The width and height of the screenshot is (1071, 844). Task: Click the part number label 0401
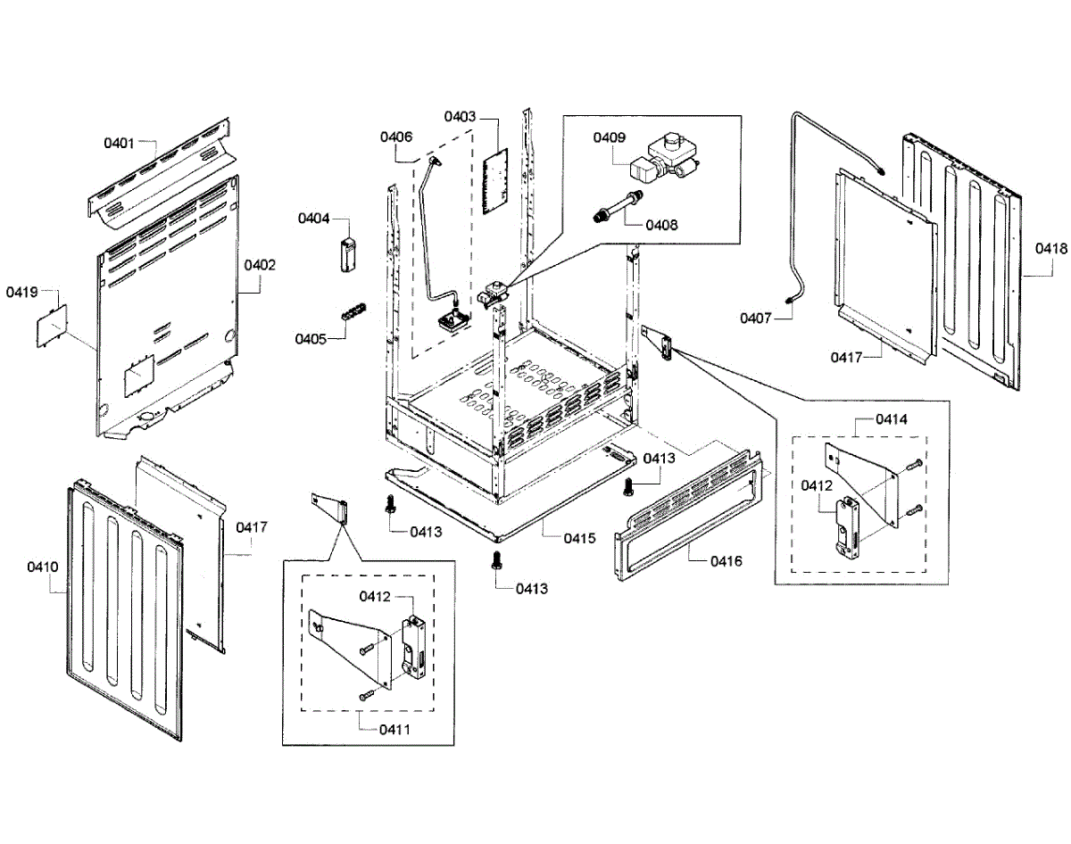(119, 143)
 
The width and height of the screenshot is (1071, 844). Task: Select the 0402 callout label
(260, 265)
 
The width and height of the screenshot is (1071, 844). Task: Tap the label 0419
(21, 292)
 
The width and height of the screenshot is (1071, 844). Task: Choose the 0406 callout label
(396, 137)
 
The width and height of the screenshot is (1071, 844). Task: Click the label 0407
(755, 318)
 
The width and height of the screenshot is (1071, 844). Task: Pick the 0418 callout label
(1050, 250)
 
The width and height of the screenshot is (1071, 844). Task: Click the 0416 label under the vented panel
(726, 561)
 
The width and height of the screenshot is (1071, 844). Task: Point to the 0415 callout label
(579, 538)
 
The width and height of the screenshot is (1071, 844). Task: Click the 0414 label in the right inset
(892, 418)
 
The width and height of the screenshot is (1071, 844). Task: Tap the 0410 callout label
(43, 567)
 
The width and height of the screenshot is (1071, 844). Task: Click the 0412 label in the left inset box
(376, 596)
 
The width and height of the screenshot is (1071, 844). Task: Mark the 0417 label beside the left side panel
(252, 527)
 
